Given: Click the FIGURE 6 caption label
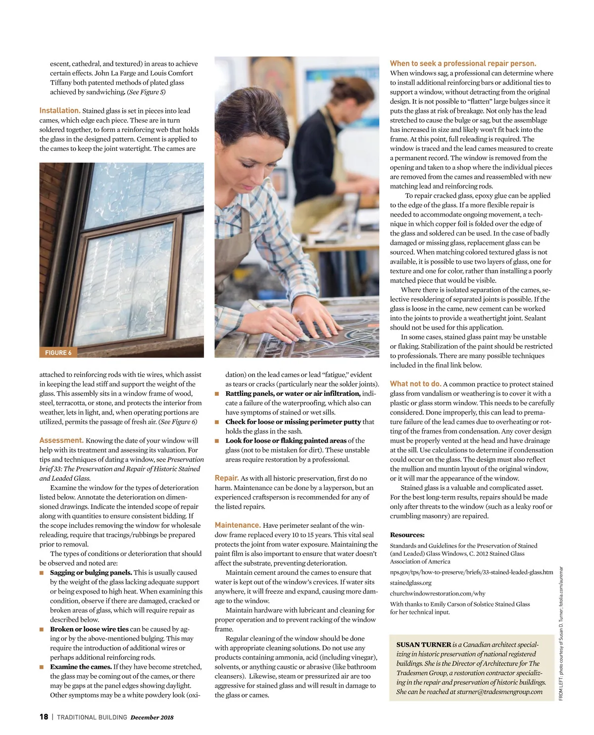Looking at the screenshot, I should [x=58, y=353].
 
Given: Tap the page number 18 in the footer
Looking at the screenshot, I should [x=44, y=717].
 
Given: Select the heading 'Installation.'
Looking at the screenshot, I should [x=60, y=111].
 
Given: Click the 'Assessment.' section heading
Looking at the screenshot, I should [x=61, y=440].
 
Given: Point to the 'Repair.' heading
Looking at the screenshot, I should [x=226, y=478].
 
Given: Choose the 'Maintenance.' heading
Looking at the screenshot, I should [x=238, y=525].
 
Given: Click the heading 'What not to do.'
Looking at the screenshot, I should [x=415, y=384].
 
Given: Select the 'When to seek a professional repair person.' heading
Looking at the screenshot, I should [x=463, y=63].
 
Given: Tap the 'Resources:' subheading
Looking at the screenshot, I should [x=407, y=535].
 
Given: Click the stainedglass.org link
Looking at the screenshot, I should [x=410, y=583].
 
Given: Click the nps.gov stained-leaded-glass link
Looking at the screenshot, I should [x=471, y=572].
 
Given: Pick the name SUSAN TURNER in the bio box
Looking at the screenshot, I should [x=423, y=644].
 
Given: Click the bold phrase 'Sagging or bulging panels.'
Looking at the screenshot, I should [x=91, y=572].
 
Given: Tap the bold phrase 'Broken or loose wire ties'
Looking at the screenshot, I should [x=89, y=629].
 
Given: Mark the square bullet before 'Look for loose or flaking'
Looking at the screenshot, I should [x=217, y=441].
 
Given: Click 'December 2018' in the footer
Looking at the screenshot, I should [x=152, y=717].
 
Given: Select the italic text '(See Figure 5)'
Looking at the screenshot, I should [x=146, y=92].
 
